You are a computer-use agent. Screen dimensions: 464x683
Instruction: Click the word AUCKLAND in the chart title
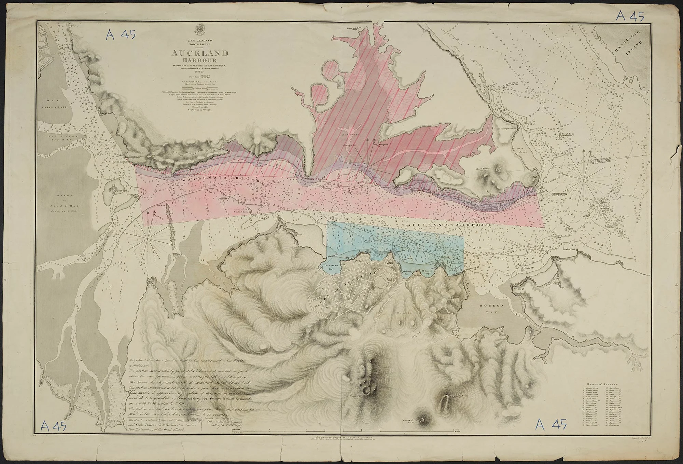click(x=200, y=53)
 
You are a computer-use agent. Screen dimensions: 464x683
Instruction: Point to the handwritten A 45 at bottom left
click(x=54, y=426)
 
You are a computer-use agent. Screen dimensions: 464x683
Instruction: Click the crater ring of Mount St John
click(x=422, y=420)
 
